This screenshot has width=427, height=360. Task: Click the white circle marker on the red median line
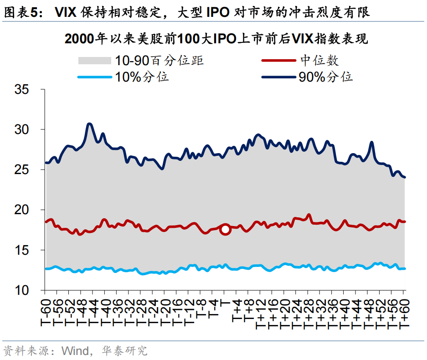(x=225, y=230)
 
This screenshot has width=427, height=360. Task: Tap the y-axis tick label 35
(x=21, y=89)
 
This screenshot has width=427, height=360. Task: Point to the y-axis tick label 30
(x=21, y=129)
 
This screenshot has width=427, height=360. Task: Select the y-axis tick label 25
(x=21, y=170)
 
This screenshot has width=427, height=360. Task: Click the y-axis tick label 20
(x=21, y=210)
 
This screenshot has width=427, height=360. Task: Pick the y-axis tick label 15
(x=21, y=250)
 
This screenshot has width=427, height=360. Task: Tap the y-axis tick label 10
(x=21, y=290)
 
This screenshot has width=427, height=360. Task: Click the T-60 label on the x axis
(x=46, y=312)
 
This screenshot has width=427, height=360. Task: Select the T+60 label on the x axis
(x=404, y=314)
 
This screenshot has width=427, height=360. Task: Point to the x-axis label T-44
(x=93, y=312)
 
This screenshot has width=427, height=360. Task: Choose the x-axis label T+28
(x=308, y=314)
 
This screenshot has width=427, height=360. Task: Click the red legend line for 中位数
(x=278, y=61)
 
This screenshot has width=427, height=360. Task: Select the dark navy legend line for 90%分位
(x=278, y=77)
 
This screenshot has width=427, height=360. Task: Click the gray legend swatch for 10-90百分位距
(x=94, y=61)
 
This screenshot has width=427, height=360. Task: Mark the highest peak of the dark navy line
(x=89, y=124)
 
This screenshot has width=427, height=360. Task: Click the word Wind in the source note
(x=75, y=351)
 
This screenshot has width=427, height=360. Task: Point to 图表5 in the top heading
(x=20, y=12)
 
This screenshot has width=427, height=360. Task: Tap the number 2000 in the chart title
(x=79, y=39)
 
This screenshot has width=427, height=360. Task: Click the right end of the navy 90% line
(x=405, y=177)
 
